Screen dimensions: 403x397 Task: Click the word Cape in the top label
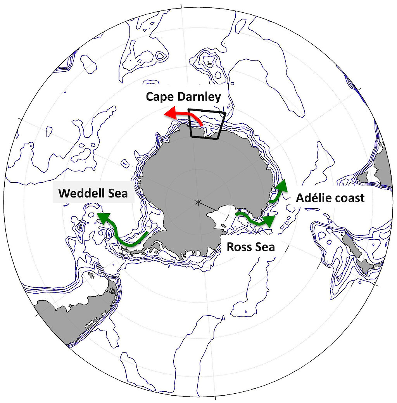[159, 97]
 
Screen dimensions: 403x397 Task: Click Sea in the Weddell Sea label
[118, 193]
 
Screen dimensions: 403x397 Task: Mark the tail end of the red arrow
[201, 125]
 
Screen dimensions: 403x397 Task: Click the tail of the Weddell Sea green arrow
[147, 234]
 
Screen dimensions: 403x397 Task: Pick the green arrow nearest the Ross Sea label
[256, 220]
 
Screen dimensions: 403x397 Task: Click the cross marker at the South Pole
[198, 202]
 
